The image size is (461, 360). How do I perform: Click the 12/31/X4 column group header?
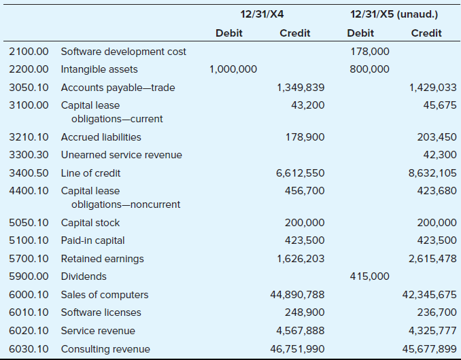[x=262, y=14]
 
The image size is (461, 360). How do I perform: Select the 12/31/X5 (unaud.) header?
[x=394, y=14]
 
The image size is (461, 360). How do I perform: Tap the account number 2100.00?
[x=29, y=52]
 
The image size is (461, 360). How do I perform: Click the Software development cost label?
[x=124, y=52]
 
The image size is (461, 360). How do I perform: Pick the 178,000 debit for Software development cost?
[x=370, y=52]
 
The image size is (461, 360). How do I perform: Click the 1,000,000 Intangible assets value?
[x=233, y=69]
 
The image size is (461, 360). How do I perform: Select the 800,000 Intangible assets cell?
[x=370, y=69]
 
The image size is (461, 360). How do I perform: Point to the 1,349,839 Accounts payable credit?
[x=301, y=88]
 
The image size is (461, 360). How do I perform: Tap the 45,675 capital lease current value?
[x=440, y=105]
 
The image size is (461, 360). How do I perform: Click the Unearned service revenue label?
[x=122, y=155]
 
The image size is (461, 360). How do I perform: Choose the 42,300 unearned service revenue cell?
[x=440, y=155]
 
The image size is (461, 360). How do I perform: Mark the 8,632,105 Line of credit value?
[x=432, y=173]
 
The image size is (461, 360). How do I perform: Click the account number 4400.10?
[x=29, y=191]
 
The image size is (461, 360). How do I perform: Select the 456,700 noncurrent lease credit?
[x=305, y=191]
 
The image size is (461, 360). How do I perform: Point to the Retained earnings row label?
[x=102, y=259]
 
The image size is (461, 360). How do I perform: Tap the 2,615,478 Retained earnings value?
[x=432, y=259]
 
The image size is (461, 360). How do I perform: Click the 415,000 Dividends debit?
[x=370, y=276]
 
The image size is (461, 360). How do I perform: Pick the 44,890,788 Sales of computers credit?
[x=297, y=295]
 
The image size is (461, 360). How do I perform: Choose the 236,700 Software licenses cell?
[x=437, y=312]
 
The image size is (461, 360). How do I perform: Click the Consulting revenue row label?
[x=105, y=349]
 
